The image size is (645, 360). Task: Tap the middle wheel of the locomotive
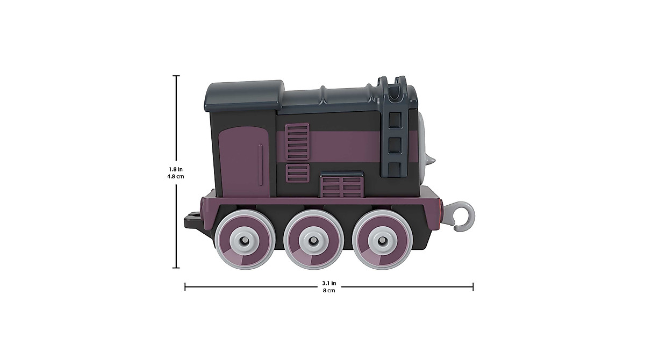(313, 240)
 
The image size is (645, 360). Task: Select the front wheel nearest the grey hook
(382, 240)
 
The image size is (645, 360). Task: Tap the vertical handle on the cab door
(260, 164)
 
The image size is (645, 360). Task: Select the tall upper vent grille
(297, 141)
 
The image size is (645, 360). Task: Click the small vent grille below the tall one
(297, 173)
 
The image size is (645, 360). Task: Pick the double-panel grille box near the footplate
(342, 184)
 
